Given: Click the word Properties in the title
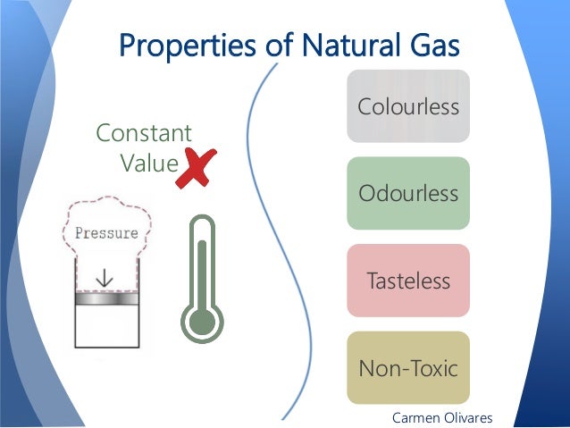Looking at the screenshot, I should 186,44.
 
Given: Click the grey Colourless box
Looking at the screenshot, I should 408,106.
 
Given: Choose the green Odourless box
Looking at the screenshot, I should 408,193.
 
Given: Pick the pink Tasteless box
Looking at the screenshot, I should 408,281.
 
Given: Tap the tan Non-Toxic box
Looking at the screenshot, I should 408,367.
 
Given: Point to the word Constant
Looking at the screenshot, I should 143,134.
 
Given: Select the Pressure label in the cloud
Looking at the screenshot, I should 107,233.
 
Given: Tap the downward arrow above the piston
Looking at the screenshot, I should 105,278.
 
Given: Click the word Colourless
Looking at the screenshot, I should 408,108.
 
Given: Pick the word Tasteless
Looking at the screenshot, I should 408,281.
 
